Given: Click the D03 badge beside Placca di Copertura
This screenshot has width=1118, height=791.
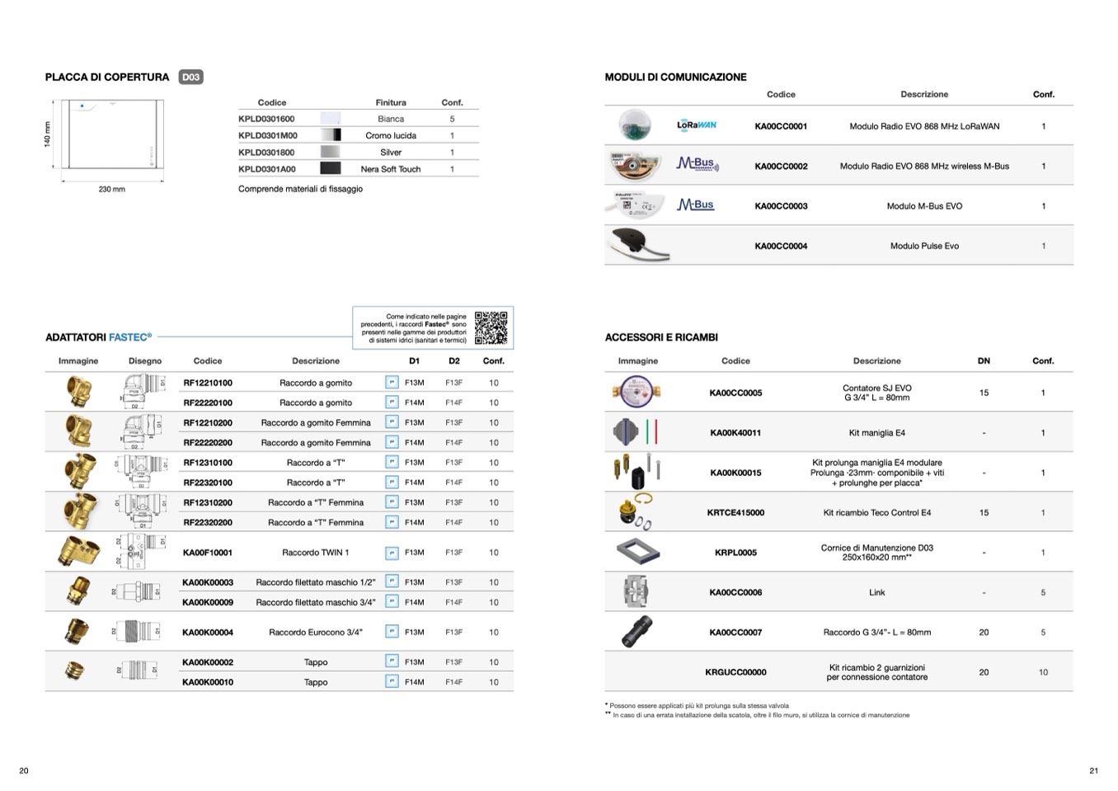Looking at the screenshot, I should point(190,78).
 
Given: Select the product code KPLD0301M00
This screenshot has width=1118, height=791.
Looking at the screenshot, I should point(268,135).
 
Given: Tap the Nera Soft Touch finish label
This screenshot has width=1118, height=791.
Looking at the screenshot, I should point(391,169).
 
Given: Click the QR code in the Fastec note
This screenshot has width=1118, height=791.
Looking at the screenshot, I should point(491,327).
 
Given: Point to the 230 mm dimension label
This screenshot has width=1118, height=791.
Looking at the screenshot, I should point(112,190).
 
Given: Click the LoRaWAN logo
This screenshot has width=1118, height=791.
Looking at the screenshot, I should point(697,125).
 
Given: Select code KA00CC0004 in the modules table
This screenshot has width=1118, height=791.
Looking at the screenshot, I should point(781,246).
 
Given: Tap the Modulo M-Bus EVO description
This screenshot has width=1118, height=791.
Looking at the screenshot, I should point(924,206).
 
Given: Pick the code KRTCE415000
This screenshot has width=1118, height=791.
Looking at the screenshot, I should point(735,513).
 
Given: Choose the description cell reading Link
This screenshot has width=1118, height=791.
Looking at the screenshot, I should point(876,592).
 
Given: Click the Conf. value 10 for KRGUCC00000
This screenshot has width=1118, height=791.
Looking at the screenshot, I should point(1043,672).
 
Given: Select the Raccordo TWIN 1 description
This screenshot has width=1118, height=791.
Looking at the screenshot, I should point(316,553).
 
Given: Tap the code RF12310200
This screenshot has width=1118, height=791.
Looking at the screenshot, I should point(208,502).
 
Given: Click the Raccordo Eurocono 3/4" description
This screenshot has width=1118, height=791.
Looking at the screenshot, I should point(316,633).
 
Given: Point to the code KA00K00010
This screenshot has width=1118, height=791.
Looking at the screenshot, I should point(208,682).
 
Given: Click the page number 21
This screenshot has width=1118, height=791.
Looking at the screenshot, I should point(1093,771).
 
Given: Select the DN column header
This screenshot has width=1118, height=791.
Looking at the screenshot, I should point(984,361).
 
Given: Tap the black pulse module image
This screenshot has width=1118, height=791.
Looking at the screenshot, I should point(634,245).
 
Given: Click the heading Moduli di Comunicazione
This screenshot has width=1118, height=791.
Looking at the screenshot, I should point(675,78).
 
